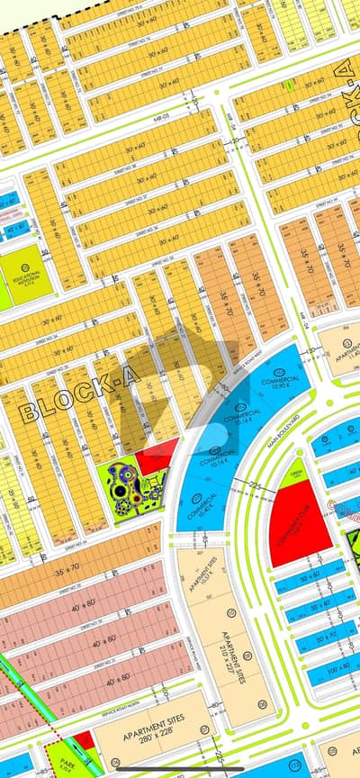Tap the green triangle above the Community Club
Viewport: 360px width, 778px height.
291,475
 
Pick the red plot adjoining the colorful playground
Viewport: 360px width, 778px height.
157,455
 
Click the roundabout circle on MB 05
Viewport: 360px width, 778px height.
236,140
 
